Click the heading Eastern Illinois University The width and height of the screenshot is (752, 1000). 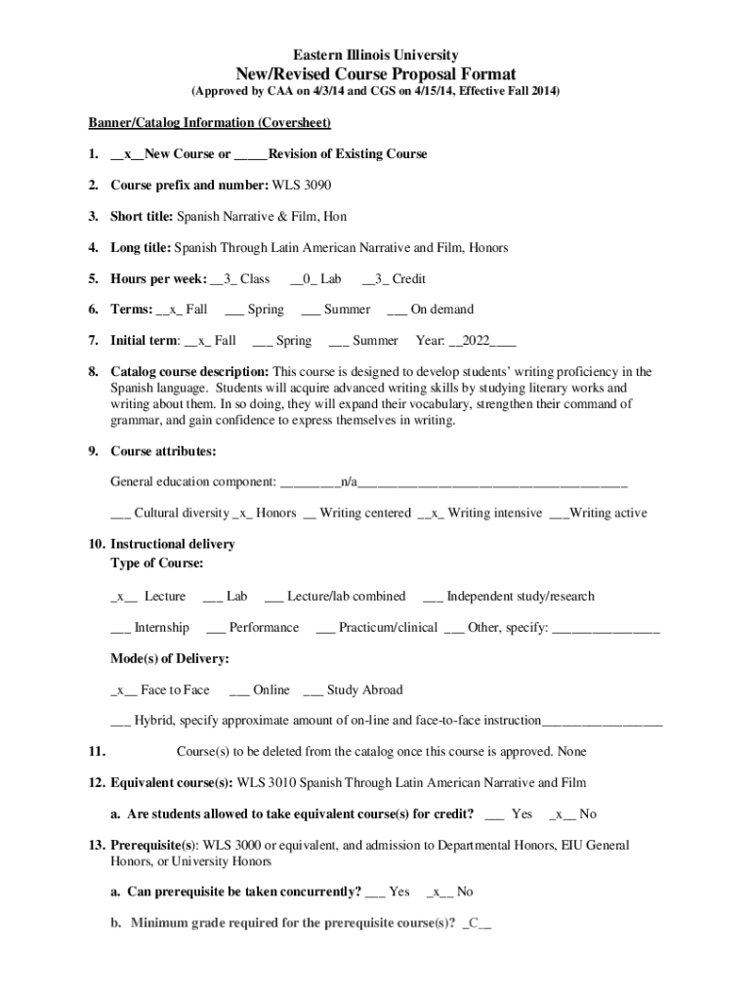point(376,56)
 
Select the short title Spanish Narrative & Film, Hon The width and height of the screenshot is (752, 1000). point(261,217)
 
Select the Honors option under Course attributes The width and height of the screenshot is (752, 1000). point(266,513)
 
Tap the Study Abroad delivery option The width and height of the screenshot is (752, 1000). point(353,690)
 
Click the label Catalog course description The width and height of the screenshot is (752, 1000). point(189,372)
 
